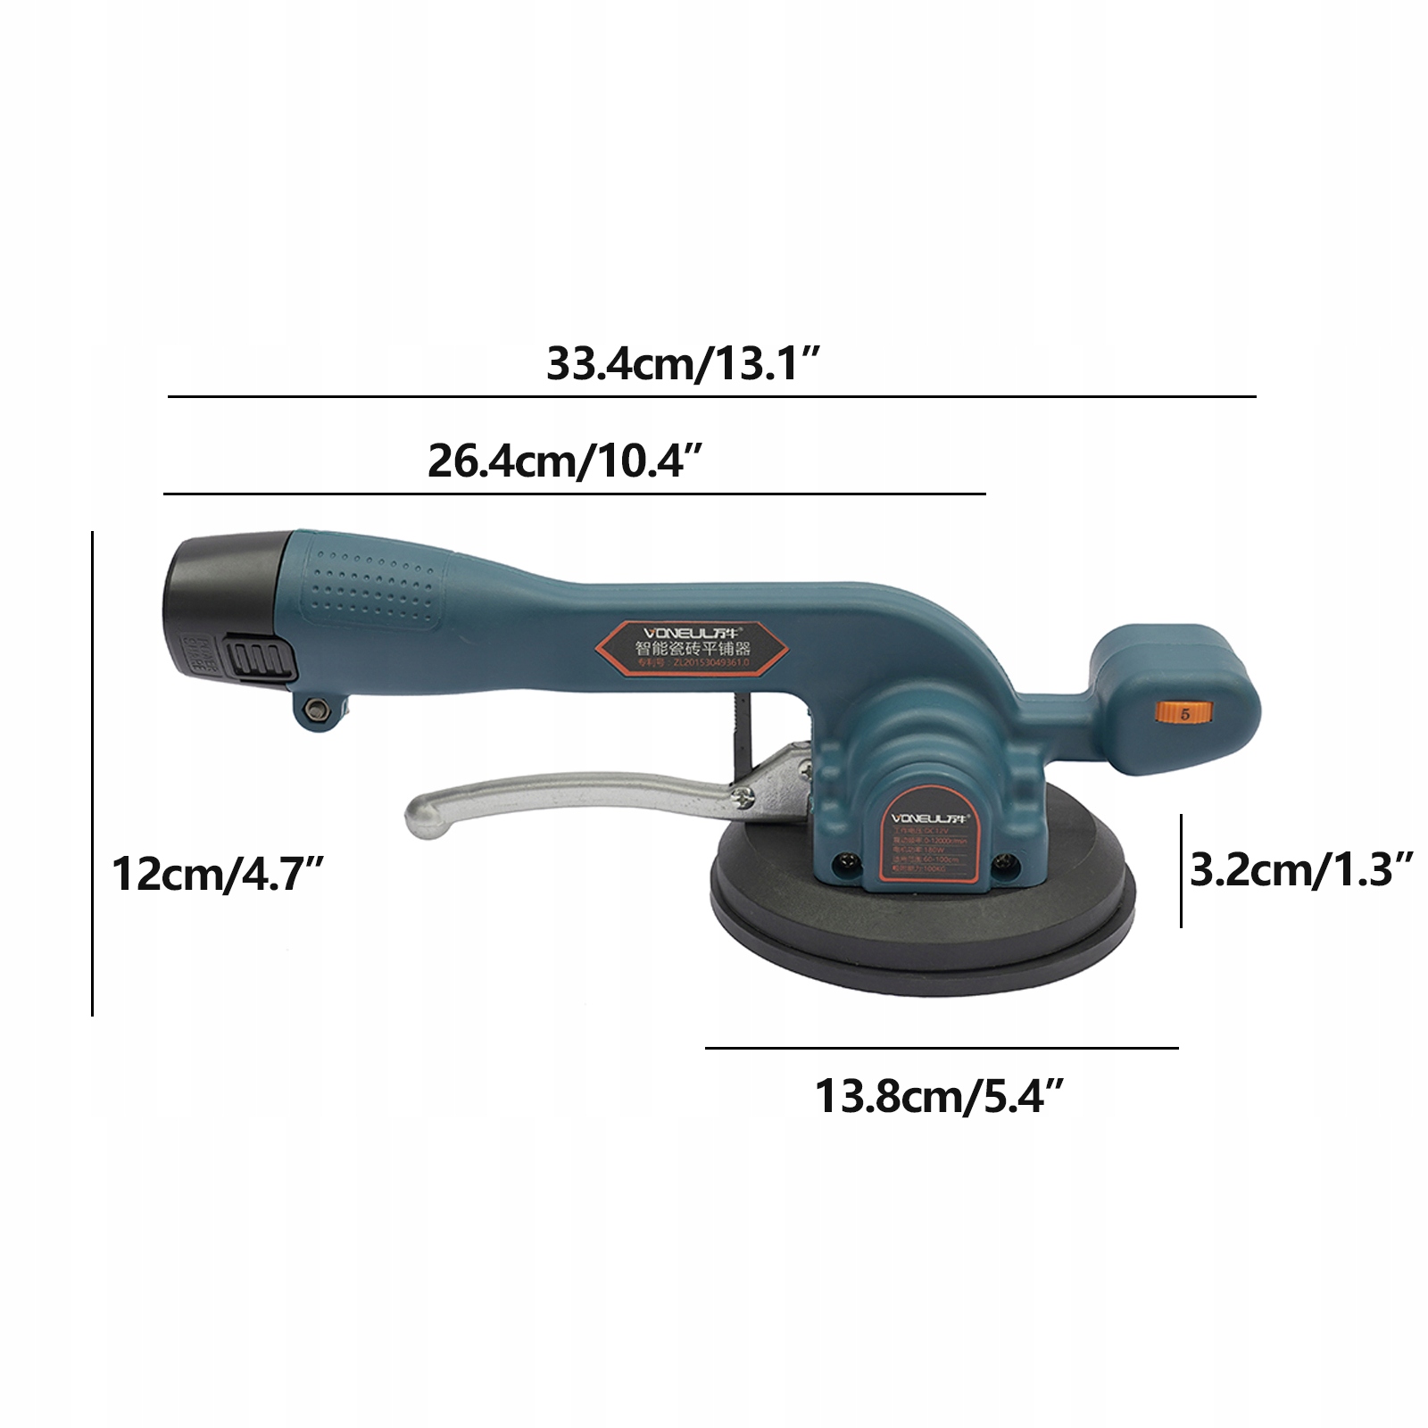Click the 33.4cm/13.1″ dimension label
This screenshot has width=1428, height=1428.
click(683, 364)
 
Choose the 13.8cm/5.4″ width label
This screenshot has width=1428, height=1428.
click(940, 1096)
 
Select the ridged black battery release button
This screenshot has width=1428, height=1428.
click(262, 660)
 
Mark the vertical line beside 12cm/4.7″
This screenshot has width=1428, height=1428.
click(92, 772)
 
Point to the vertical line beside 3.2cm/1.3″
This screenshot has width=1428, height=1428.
click(1182, 870)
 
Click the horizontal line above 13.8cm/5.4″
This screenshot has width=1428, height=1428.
click(942, 1048)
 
